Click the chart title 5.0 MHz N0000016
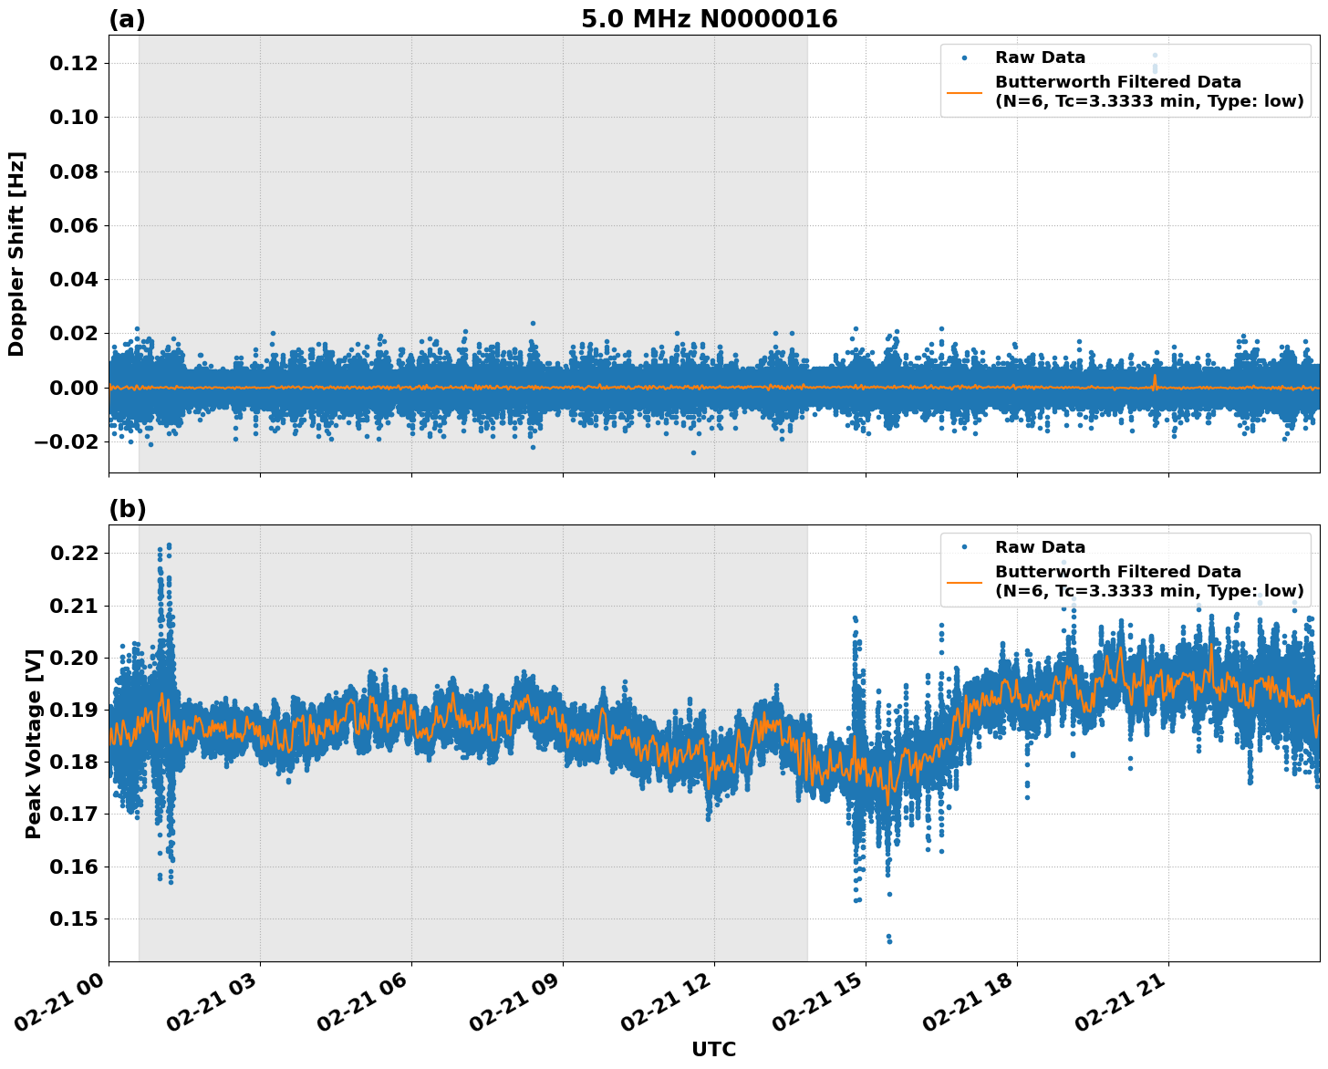pyautogui.click(x=709, y=19)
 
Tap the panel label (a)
pyautogui.click(x=127, y=19)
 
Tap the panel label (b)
pyautogui.click(x=127, y=509)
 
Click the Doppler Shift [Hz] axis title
pyautogui.click(x=16, y=254)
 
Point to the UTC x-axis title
pyautogui.click(x=713, y=1049)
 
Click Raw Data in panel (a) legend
pyautogui.click(x=1040, y=57)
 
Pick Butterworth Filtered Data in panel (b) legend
pyautogui.click(x=1117, y=572)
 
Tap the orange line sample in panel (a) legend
pyautogui.click(x=964, y=92)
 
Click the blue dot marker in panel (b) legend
pyautogui.click(x=964, y=547)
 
